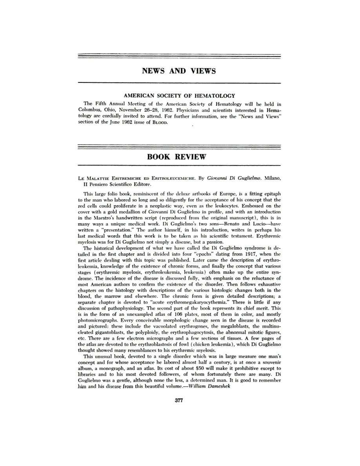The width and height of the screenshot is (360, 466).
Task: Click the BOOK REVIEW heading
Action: pyautogui.click(x=176, y=157)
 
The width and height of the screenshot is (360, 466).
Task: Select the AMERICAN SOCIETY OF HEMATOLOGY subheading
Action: pyautogui.click(x=180, y=96)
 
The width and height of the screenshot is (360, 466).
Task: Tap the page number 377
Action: pyautogui.click(x=179, y=400)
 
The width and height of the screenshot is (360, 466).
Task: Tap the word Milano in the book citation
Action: pyautogui.click(x=271, y=178)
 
